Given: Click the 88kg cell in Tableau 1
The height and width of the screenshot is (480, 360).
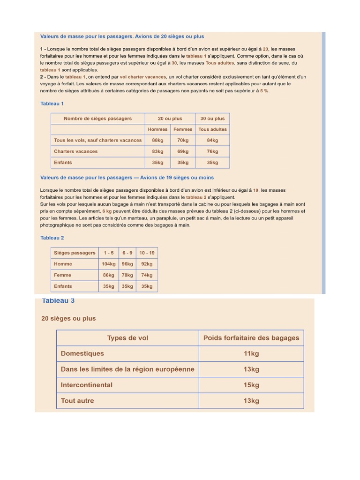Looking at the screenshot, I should tap(157, 140).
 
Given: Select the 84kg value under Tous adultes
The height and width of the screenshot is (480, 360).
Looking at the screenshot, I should tap(212, 140).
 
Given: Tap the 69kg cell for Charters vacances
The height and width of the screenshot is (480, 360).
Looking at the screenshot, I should tap(183, 151).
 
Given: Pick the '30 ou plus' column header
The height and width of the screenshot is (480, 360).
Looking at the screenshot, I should tap(212, 119).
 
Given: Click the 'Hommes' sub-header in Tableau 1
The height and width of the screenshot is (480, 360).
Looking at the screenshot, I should tap(157, 129).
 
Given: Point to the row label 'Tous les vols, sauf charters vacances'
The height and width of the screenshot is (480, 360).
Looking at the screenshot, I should tap(97, 140).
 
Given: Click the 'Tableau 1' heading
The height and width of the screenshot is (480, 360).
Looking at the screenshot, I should tap(52, 103).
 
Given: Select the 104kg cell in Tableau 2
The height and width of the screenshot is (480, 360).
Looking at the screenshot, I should tap(109, 264).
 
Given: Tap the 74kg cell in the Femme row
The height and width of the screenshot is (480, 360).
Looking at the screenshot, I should tap(147, 275).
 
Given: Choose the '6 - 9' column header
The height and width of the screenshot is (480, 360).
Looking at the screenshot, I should tap(127, 253).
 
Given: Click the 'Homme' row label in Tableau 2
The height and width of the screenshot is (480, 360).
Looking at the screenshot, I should tap(63, 264).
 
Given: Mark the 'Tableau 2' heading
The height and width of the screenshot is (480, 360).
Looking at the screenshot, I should tap(52, 238).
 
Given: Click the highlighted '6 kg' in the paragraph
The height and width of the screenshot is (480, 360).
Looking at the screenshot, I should tap(107, 211).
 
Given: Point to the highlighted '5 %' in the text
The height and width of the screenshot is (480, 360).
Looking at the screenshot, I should tap(264, 91).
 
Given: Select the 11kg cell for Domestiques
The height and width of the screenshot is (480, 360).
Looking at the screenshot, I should tap(251, 353).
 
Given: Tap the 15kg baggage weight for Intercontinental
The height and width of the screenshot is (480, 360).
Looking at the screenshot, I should tap(251, 385).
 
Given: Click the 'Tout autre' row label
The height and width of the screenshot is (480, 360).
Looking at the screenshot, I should tap(77, 401).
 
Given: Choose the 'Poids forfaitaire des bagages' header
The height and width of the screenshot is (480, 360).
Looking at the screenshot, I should tap(251, 338).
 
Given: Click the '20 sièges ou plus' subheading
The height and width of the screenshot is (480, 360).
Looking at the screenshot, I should tap(68, 318).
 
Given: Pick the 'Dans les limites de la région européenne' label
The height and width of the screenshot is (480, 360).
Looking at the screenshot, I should tap(127, 369).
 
